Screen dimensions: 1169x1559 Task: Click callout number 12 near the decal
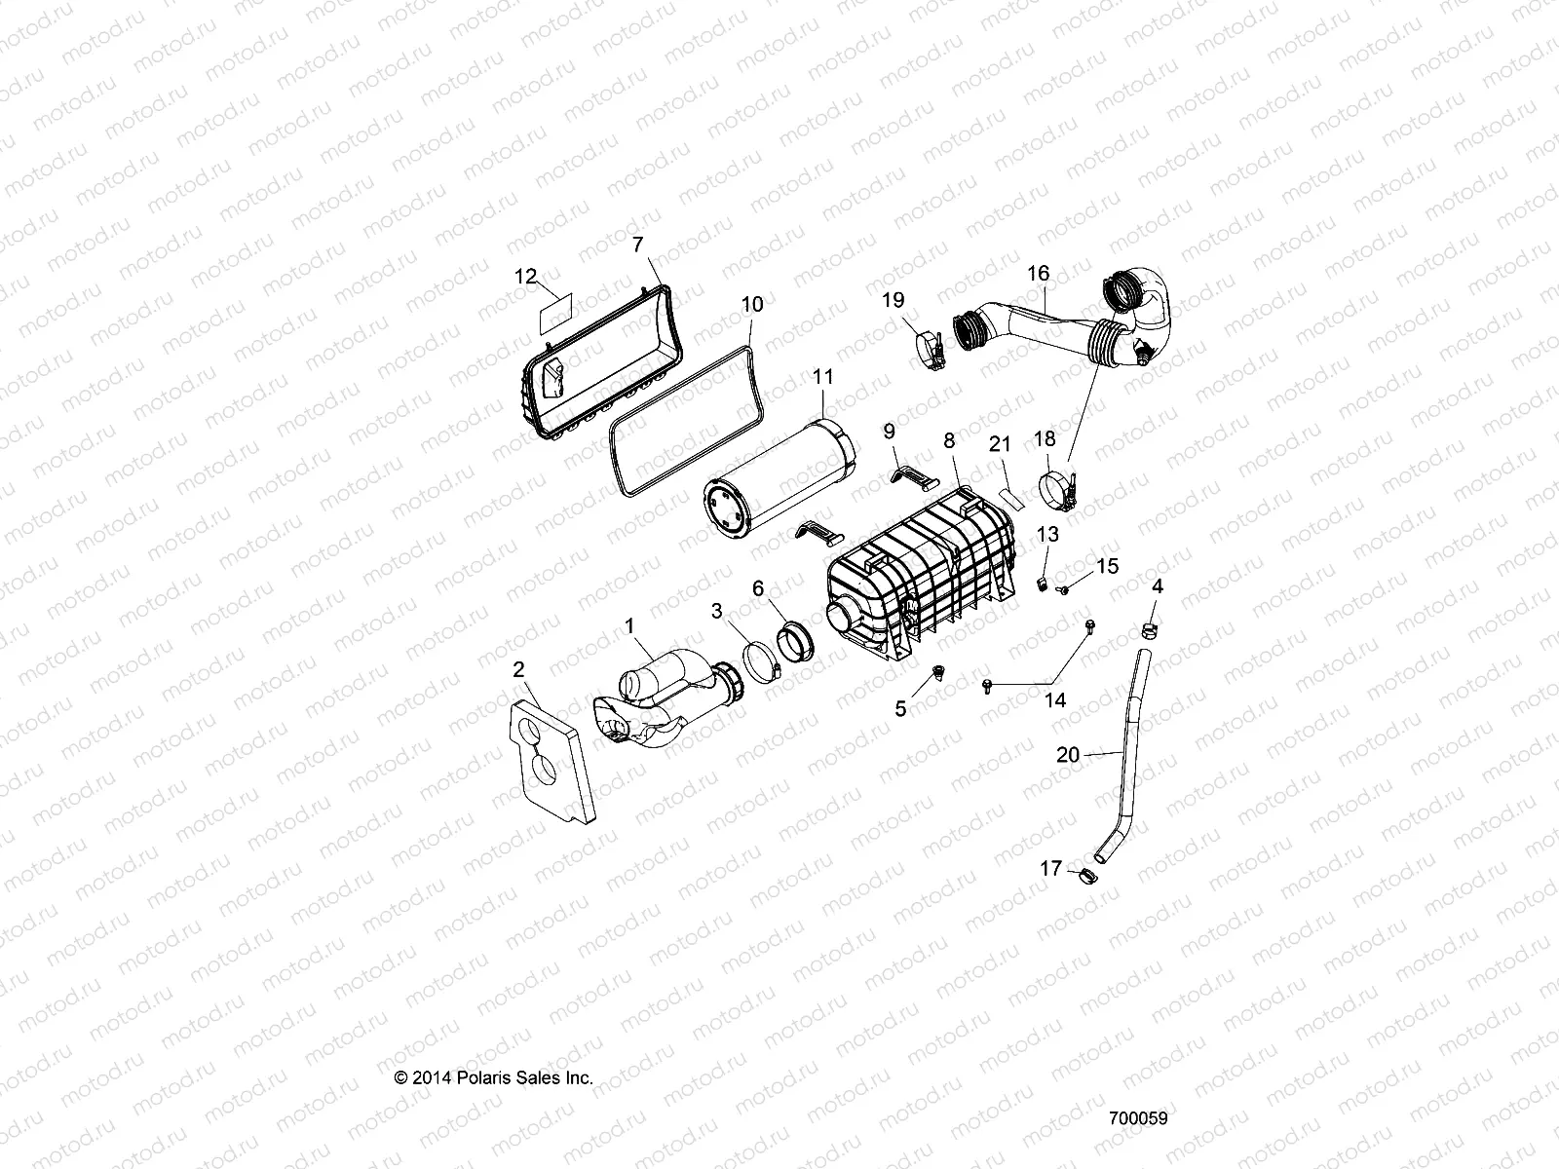click(x=525, y=277)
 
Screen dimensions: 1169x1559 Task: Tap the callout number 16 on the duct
click(x=1038, y=274)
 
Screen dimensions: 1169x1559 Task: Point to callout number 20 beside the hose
click(x=1068, y=755)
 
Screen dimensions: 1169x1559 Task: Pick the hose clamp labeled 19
click(x=932, y=353)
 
